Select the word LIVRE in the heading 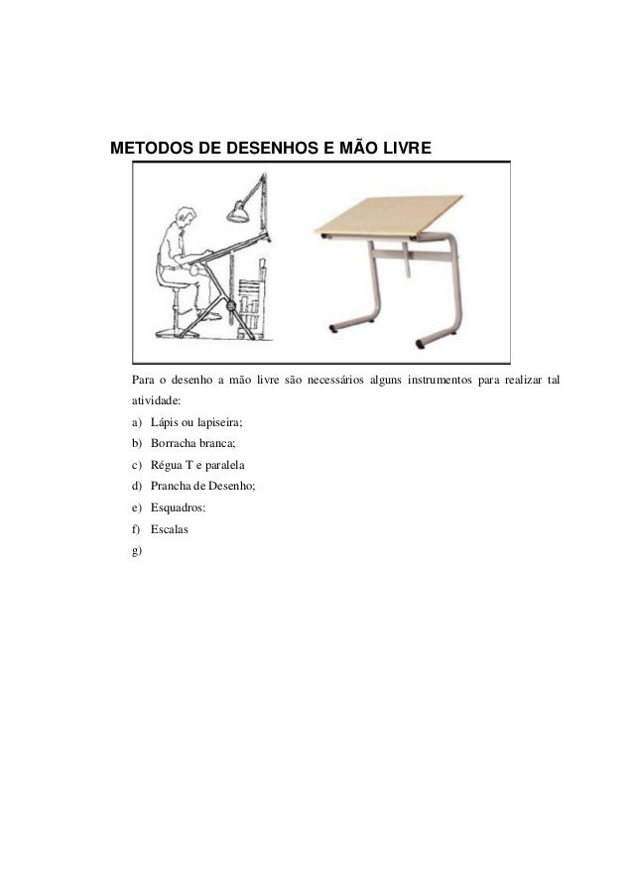(401, 148)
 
